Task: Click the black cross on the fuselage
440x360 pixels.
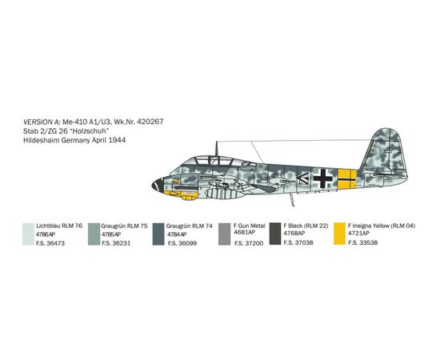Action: pos(323,178)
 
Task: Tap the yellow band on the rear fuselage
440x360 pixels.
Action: pos(347,178)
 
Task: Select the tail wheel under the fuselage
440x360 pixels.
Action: pos(292,200)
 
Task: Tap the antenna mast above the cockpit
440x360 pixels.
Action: pos(216,149)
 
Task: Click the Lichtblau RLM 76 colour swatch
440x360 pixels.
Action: pos(28,234)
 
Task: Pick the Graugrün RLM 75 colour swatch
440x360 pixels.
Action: pos(94,234)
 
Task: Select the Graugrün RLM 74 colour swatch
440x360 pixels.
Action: pos(158,234)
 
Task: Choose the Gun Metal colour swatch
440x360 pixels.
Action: pos(224,234)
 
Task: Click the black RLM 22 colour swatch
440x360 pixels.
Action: pos(275,234)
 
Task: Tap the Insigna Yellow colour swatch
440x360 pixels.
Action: pos(339,234)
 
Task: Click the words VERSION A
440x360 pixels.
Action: pos(42,122)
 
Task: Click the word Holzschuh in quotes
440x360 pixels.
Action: pos(90,131)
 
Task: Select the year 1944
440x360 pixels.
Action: pos(117,140)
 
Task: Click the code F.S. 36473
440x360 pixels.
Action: pos(50,243)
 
